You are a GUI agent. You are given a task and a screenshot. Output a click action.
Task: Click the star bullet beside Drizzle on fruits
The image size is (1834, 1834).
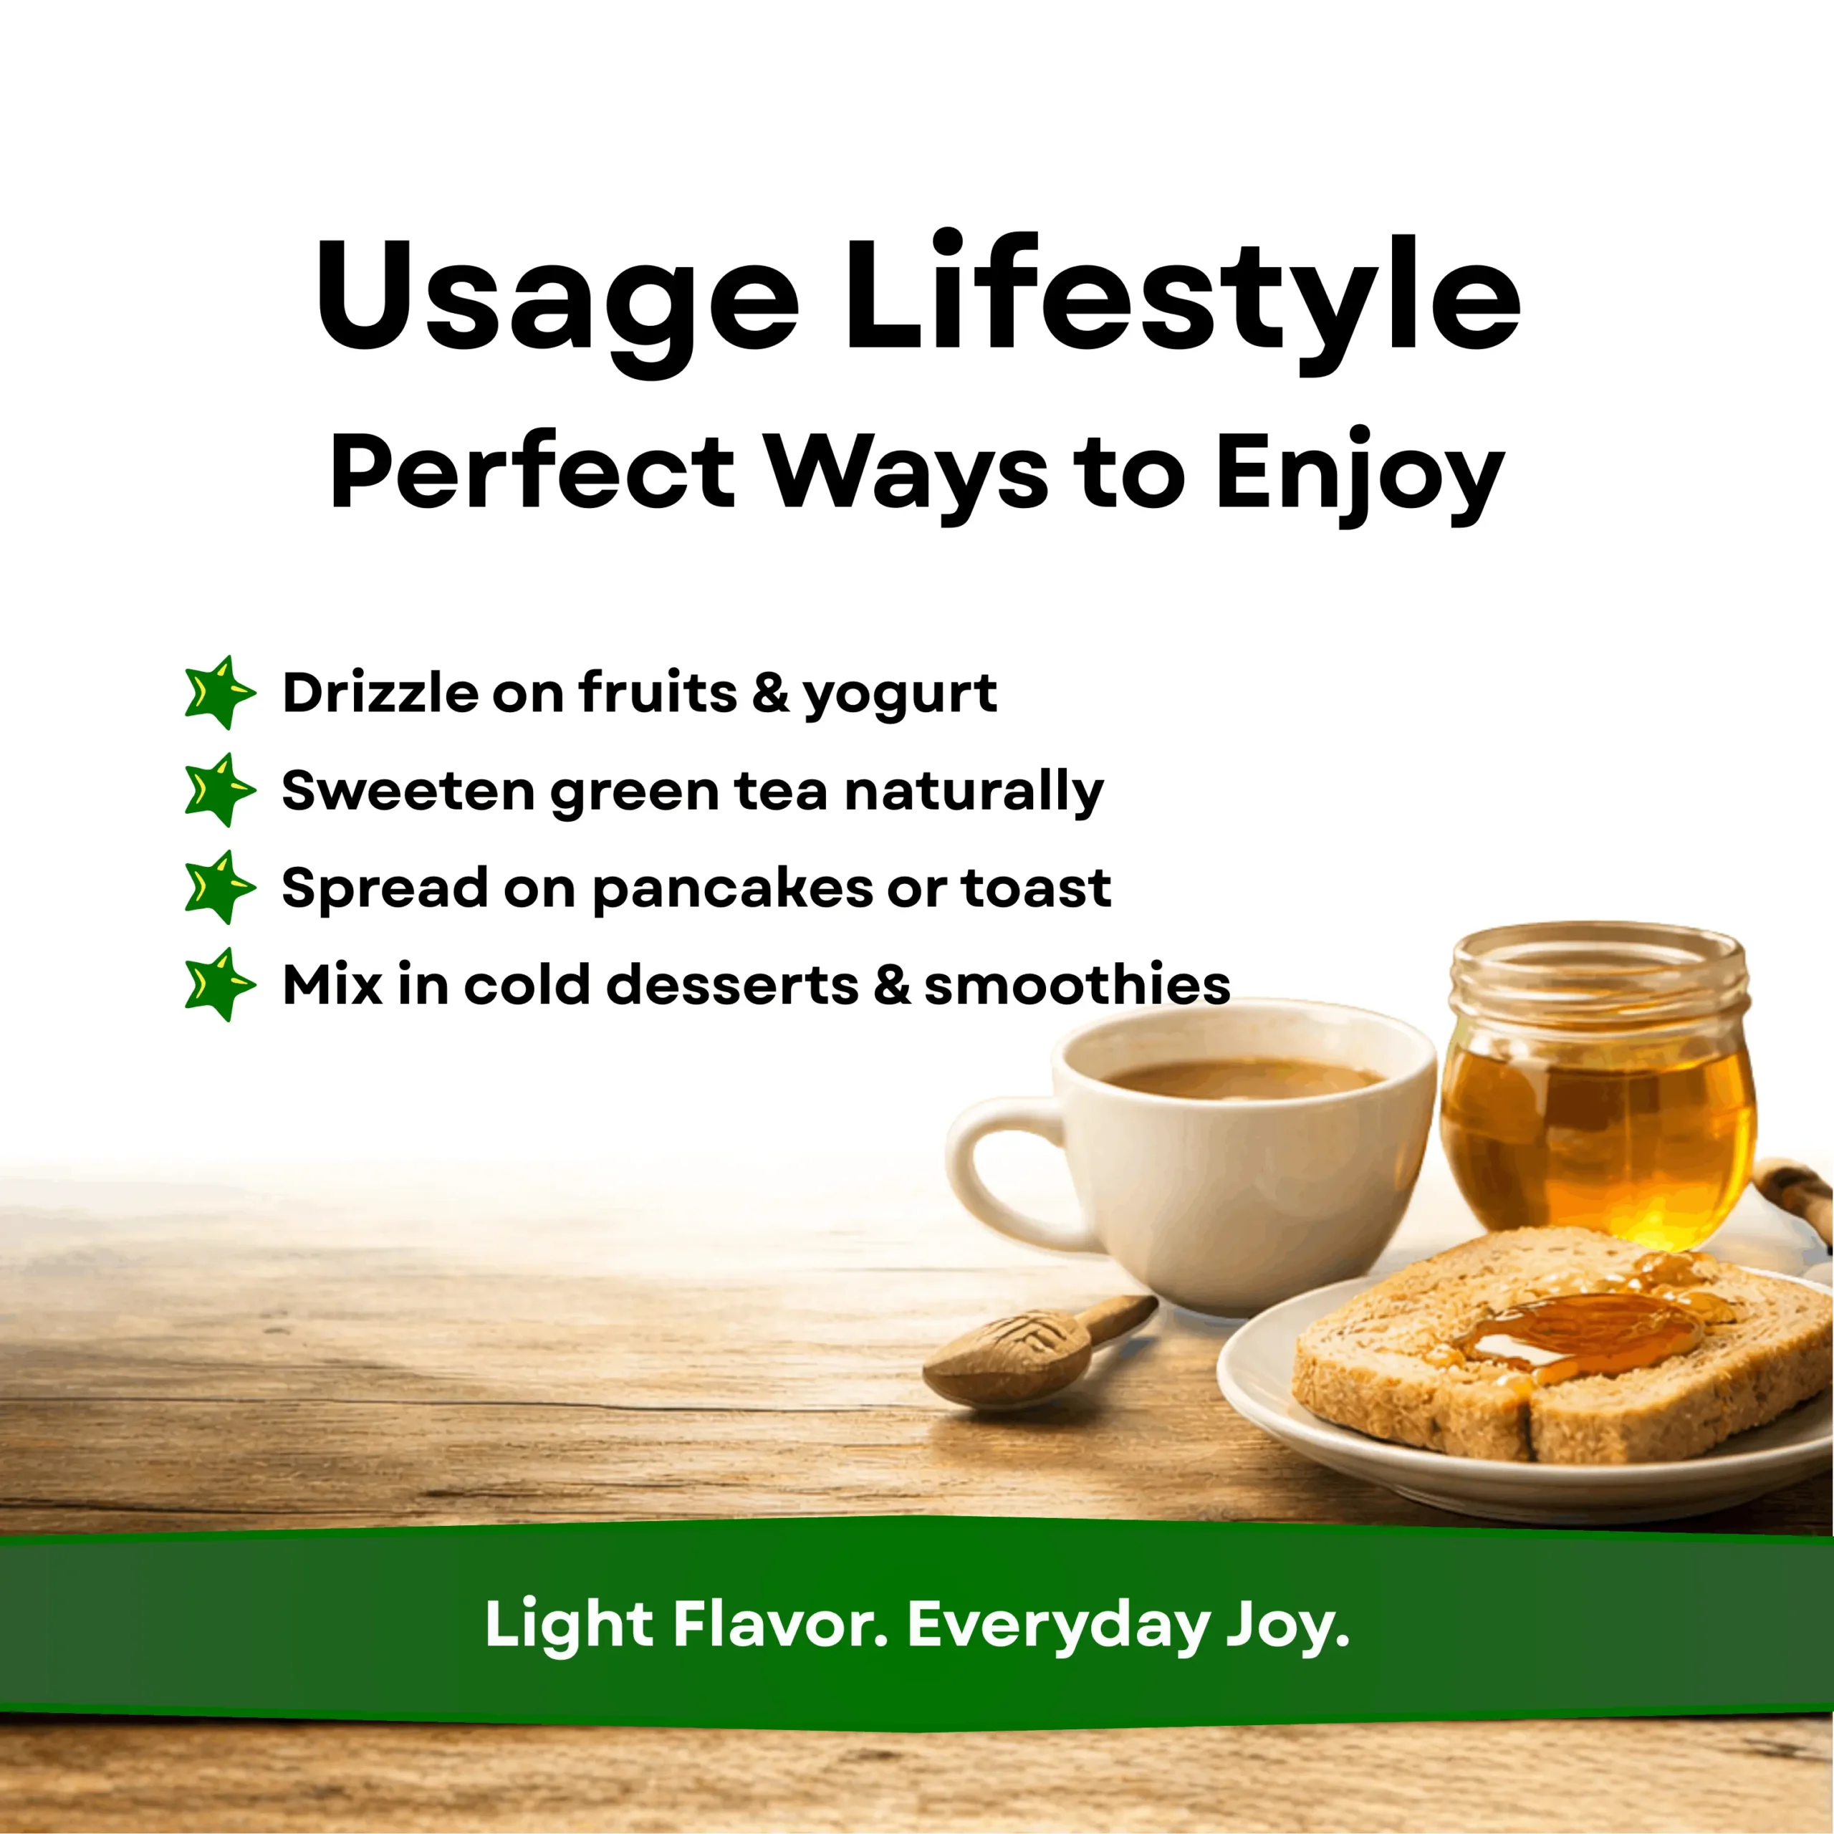219,693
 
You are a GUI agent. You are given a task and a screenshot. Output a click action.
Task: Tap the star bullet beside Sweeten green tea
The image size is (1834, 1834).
219,789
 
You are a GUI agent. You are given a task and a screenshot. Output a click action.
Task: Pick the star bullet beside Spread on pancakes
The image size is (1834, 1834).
219,888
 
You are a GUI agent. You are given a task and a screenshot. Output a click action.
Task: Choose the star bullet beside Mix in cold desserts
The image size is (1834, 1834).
219,985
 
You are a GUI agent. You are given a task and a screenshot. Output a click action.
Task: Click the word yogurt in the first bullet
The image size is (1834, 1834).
900,696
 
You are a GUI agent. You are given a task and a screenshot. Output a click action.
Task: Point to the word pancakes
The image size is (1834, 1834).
732,890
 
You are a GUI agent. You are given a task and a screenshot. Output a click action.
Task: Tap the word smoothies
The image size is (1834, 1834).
1077,984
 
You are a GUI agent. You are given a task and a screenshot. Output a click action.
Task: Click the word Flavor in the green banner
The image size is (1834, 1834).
780,1624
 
